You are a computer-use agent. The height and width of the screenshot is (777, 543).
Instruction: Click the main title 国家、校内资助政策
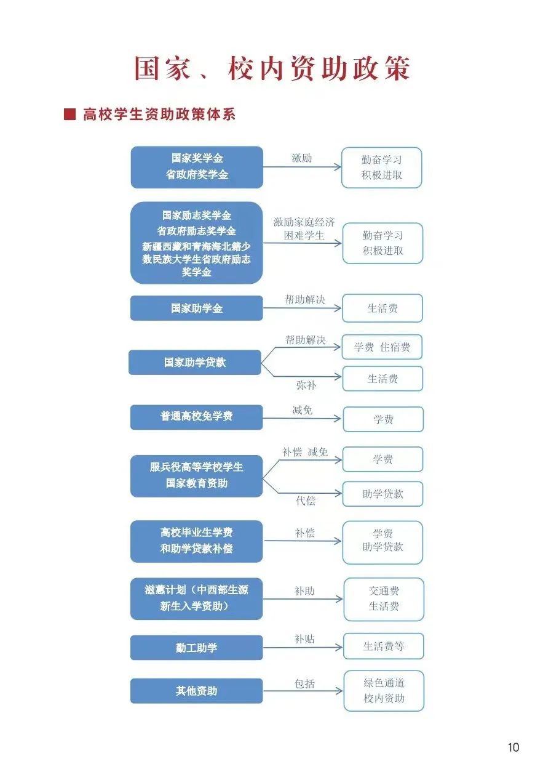click(272, 68)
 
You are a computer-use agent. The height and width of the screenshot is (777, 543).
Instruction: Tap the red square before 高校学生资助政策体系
click(69, 115)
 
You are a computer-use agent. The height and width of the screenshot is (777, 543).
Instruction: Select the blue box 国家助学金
click(196, 308)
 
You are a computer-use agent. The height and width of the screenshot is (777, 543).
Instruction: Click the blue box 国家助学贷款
click(194, 362)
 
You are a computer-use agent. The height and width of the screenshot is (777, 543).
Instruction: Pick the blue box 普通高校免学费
click(196, 417)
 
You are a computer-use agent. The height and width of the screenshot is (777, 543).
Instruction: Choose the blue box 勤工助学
click(196, 648)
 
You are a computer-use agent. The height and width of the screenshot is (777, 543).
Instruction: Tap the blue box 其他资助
click(196, 691)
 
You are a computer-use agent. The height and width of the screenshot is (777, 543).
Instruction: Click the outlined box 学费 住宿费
click(382, 347)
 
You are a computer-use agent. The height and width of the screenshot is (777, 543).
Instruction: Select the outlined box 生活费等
click(383, 646)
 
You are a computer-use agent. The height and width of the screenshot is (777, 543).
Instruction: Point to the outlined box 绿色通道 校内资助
click(384, 690)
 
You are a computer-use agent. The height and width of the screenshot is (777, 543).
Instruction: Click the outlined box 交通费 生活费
click(384, 598)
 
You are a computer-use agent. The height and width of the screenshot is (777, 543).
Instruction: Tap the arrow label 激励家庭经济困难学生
click(304, 228)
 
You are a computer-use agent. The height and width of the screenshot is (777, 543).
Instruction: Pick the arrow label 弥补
click(306, 385)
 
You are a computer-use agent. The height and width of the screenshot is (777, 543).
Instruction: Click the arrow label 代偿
click(306, 501)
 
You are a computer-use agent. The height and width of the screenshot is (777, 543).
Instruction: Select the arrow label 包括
click(304, 683)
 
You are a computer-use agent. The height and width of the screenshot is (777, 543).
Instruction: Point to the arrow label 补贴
click(304, 639)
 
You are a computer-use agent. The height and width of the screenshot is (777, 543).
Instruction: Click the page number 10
click(513, 747)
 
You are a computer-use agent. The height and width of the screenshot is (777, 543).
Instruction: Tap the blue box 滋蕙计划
click(196, 598)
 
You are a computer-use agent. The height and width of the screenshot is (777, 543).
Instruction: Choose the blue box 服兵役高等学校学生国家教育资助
click(196, 475)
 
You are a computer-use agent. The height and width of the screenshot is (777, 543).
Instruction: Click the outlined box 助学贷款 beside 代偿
click(382, 494)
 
